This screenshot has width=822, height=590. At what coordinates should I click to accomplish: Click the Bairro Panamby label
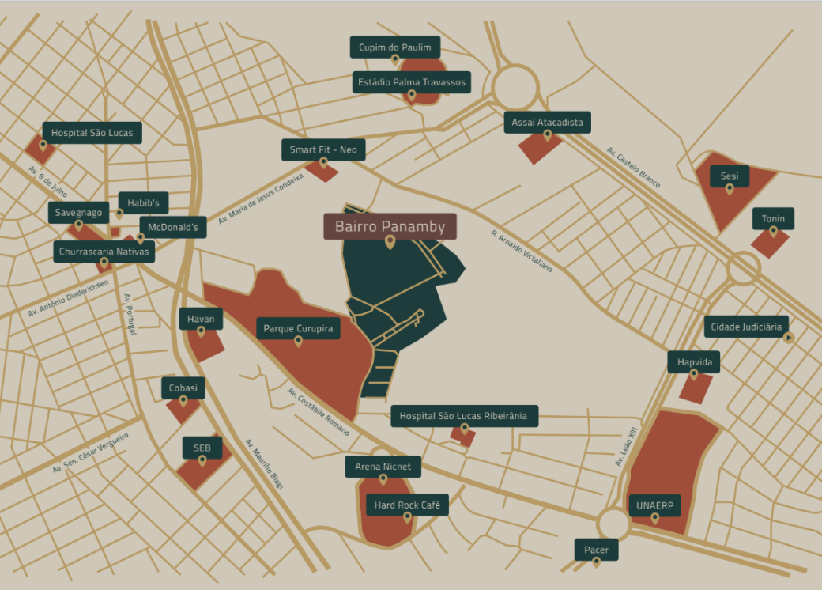click(390, 227)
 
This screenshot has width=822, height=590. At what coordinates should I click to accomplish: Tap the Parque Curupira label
click(298, 328)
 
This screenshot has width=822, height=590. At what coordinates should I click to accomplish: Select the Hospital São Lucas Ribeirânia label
click(464, 416)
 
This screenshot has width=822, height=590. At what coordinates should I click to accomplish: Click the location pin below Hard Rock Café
click(408, 518)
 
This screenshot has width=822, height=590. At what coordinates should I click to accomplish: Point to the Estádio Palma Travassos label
click(412, 82)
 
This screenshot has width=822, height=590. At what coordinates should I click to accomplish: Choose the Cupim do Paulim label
click(394, 47)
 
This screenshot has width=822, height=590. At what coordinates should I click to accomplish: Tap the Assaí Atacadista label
click(547, 122)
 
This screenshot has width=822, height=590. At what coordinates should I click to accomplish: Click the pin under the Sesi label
click(730, 189)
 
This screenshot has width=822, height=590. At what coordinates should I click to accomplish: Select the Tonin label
click(773, 218)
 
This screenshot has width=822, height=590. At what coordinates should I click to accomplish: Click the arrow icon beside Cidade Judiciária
click(788, 338)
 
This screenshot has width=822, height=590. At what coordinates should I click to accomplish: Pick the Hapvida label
click(694, 362)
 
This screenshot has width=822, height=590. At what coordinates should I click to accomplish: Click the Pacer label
click(596, 550)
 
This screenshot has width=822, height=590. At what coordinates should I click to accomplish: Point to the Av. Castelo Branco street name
click(634, 168)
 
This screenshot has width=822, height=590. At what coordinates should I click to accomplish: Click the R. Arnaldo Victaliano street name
click(522, 252)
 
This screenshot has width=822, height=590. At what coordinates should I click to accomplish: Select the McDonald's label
click(173, 228)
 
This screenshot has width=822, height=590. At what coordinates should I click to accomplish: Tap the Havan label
click(201, 319)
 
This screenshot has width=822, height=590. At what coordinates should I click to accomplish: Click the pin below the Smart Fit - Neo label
click(322, 164)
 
